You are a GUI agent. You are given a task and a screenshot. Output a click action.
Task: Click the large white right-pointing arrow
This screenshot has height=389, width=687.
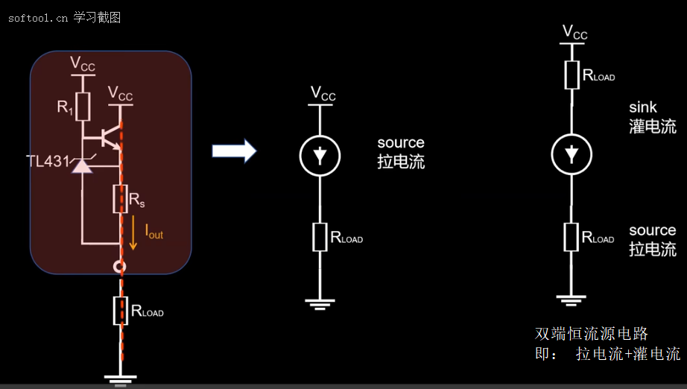pyautogui.click(x=234, y=151)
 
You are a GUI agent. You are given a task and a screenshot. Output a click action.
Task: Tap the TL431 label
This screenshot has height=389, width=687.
pyautogui.click(x=48, y=161)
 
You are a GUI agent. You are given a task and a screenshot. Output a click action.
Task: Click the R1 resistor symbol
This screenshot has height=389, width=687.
pyautogui.click(x=83, y=107)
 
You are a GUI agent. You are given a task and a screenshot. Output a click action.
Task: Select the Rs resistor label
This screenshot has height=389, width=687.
pyautogui.click(x=136, y=200)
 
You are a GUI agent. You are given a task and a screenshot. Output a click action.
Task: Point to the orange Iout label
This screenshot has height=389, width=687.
pyautogui.click(x=153, y=232)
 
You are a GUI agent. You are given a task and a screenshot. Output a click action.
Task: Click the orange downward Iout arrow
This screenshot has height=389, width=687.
pyautogui.click(x=133, y=233)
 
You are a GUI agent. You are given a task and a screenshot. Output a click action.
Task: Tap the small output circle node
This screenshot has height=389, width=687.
pyautogui.click(x=120, y=266)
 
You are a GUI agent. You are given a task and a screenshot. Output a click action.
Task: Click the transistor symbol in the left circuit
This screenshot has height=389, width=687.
pyautogui.click(x=110, y=138)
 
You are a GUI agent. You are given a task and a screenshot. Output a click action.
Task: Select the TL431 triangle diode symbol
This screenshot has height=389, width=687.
pyautogui.click(x=82, y=166)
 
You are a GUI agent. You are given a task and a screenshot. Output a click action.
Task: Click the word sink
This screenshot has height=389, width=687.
pyautogui.click(x=643, y=107)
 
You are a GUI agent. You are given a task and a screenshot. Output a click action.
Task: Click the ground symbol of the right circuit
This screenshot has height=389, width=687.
pyautogui.click(x=572, y=300)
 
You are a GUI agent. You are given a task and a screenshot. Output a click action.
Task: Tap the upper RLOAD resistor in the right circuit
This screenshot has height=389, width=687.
pyautogui.click(x=572, y=75)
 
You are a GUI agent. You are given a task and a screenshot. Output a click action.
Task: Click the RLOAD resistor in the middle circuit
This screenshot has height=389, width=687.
pyautogui.click(x=320, y=237)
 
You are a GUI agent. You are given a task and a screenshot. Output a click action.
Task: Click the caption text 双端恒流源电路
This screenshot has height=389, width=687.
pyautogui.click(x=591, y=334)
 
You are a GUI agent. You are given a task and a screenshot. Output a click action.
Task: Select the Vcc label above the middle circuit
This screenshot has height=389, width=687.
pyautogui.click(x=323, y=94)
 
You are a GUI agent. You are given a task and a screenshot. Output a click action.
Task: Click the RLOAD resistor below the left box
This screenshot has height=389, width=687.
pyautogui.click(x=121, y=311)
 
